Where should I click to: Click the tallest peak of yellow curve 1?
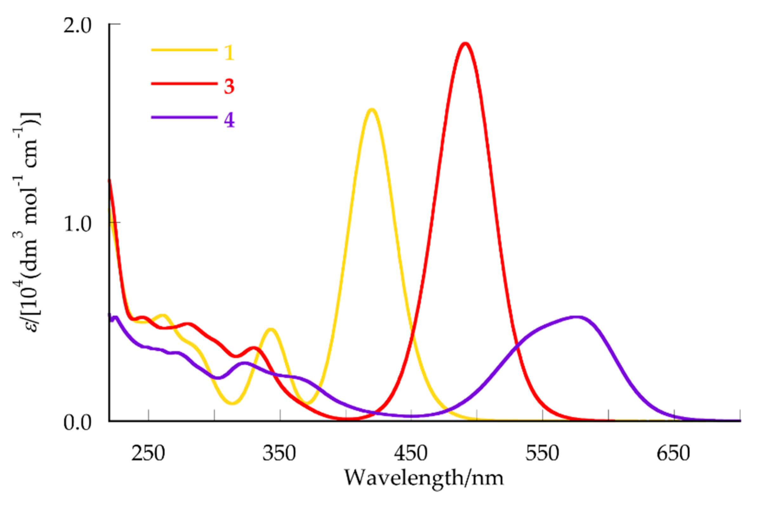tap(372, 110)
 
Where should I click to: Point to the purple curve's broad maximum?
tap(578, 317)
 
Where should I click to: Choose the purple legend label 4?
tap(229, 120)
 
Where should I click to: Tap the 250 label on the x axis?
tap(148, 454)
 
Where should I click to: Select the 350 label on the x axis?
tap(279, 454)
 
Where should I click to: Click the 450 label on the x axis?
tap(411, 454)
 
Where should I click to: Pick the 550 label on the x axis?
tap(542, 454)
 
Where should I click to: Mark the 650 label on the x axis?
tap(673, 454)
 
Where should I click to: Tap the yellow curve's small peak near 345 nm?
tap(271, 329)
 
